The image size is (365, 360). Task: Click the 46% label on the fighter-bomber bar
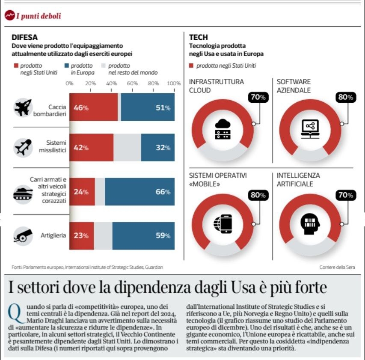click(81, 108)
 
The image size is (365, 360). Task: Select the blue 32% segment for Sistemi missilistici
click(158, 148)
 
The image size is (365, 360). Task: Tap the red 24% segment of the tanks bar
click(82, 192)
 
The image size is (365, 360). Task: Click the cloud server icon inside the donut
click(222, 129)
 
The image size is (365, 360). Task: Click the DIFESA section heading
click(24, 37)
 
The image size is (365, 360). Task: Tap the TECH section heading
click(199, 37)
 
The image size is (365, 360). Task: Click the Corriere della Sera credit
click(337, 267)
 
